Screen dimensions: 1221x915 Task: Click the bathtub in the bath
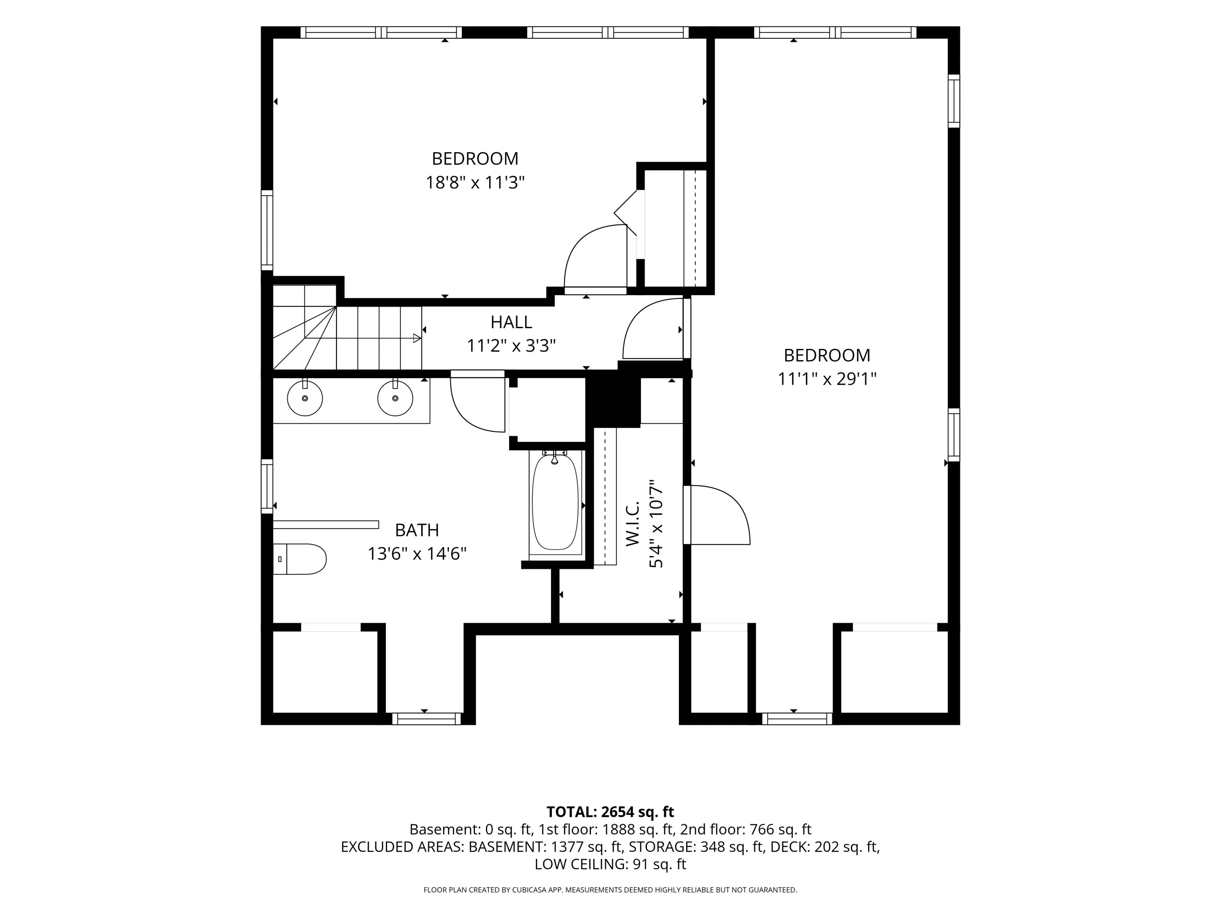[x=555, y=502]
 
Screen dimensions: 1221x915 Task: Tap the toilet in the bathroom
[x=300, y=559]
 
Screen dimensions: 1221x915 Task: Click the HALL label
[x=511, y=322]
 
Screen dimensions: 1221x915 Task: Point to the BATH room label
[x=417, y=530]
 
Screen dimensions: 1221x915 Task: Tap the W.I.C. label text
[x=632, y=523]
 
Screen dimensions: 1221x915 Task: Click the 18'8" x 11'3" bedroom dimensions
[x=475, y=182]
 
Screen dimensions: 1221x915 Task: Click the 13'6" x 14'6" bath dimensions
[x=417, y=553]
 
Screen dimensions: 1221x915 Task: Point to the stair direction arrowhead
[x=417, y=338]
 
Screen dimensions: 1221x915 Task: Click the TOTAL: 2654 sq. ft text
[x=610, y=812]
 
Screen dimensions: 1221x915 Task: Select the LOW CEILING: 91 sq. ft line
[x=610, y=864]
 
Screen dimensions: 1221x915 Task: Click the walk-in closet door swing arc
[x=731, y=508]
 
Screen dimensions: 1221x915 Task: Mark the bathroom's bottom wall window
[x=426, y=719]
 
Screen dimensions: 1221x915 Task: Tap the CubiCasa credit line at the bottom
[x=610, y=890]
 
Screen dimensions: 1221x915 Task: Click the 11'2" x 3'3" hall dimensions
[x=511, y=346]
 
